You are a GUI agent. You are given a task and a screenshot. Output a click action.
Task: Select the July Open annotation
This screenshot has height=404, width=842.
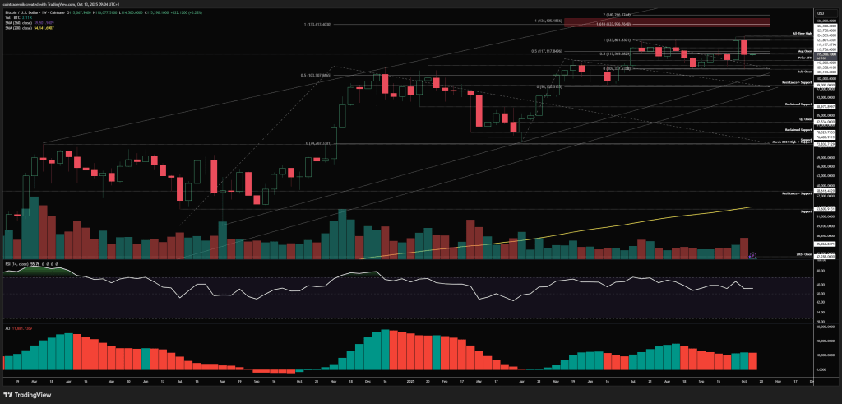[x=782, y=72]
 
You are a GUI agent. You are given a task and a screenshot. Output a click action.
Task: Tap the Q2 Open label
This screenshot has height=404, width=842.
[x=782, y=119]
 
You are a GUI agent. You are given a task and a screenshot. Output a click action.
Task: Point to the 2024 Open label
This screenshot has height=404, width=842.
[x=782, y=255]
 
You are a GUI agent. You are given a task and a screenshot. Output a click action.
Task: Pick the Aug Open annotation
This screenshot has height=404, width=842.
[x=782, y=51]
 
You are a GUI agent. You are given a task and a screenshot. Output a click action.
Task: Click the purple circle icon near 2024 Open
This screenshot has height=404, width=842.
[x=754, y=255]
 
